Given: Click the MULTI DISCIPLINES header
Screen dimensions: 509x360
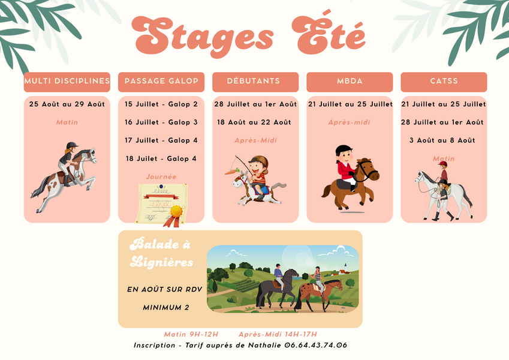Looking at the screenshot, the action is click(x=67, y=82).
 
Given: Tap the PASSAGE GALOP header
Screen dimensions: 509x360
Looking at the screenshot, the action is click(x=161, y=82).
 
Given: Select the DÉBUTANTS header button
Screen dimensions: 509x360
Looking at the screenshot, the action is click(x=255, y=82).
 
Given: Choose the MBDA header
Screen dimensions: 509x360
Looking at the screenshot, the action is click(x=350, y=82).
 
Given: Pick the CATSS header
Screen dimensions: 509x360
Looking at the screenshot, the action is click(x=444, y=82).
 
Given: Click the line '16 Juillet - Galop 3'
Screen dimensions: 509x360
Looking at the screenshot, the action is click(x=161, y=122).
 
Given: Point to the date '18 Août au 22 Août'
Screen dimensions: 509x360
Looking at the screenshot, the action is click(x=254, y=122).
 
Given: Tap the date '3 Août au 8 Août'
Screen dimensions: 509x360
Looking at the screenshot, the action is click(x=442, y=140).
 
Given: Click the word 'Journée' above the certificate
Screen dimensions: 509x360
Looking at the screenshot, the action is click(x=161, y=177).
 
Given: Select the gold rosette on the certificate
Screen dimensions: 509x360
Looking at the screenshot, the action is click(x=176, y=212).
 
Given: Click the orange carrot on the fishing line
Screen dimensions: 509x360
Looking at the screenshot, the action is click(x=232, y=171).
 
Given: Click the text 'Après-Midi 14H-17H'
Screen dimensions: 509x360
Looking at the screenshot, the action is click(x=278, y=334).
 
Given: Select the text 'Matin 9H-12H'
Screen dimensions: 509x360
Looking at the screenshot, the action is click(x=191, y=334).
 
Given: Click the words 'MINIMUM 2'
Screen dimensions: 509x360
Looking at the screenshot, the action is click(x=166, y=307).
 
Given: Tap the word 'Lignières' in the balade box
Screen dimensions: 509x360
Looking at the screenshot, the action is click(x=162, y=262).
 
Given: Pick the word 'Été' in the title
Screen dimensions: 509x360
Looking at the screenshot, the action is click(x=329, y=35).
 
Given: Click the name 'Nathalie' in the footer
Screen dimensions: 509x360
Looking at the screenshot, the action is click(x=264, y=345).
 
